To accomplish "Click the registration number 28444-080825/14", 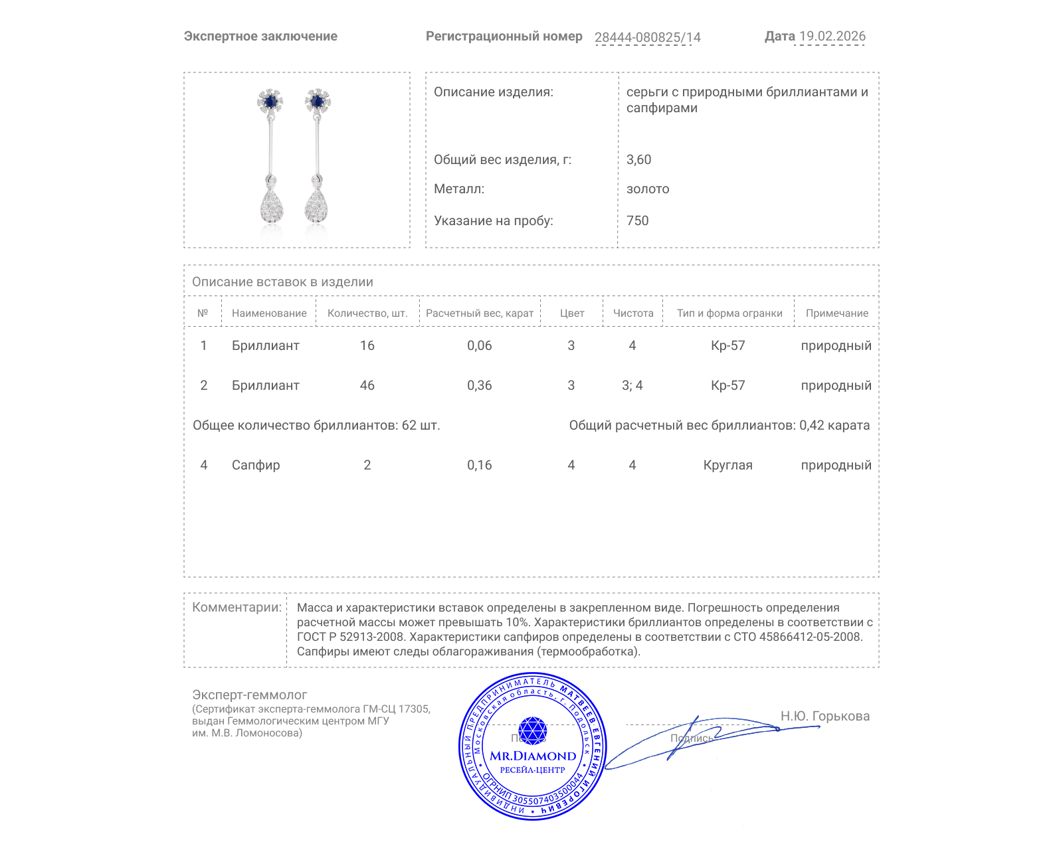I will (647, 37).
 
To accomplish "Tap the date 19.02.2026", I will (832, 36).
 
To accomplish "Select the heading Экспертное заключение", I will (260, 37).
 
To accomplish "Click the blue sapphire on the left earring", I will (270, 102).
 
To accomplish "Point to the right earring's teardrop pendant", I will (317, 205).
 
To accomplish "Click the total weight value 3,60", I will (638, 159).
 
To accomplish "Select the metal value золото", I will (648, 189).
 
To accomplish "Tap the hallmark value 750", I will (637, 220).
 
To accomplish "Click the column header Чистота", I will (633, 313).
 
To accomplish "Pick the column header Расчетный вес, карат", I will (480, 313).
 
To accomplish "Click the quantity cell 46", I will (367, 385).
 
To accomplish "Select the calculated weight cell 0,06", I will (480, 345).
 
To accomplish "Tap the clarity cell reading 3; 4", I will (632, 385).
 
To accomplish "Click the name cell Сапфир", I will (256, 465).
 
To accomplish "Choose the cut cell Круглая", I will (727, 465).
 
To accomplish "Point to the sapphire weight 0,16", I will (480, 465).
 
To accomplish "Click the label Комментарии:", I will (237, 607).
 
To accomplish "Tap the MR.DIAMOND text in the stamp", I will (533, 756).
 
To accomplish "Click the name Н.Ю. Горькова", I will (824, 716).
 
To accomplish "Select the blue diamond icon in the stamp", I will (532, 730).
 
